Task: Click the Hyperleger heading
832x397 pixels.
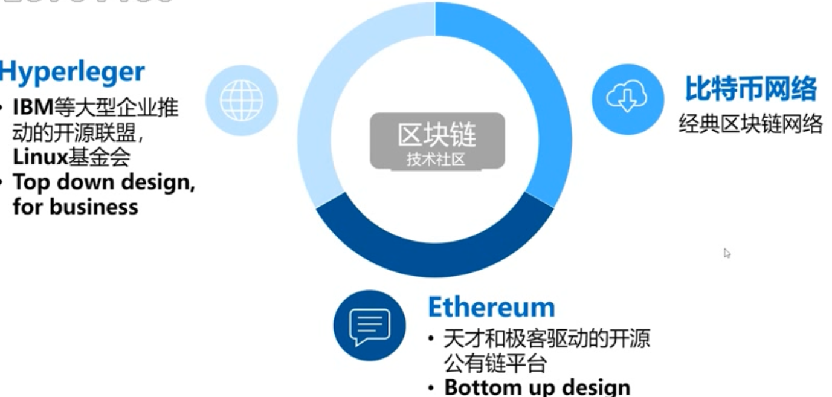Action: [72, 72]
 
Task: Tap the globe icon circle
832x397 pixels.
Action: [241, 100]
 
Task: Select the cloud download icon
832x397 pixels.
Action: [627, 99]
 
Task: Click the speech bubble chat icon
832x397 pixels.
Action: [369, 326]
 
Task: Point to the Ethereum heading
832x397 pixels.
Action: [491, 307]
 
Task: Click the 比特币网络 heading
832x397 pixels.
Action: [750, 89]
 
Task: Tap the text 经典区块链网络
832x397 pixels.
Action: [750, 124]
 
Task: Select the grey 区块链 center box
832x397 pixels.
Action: [437, 140]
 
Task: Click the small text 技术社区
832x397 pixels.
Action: [436, 160]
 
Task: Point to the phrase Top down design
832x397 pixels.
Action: [103, 182]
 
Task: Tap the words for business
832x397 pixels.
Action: [75, 207]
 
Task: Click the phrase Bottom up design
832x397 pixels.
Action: [537, 387]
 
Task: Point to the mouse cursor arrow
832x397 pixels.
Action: [727, 253]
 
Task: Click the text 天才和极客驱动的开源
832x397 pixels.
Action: [547, 338]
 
